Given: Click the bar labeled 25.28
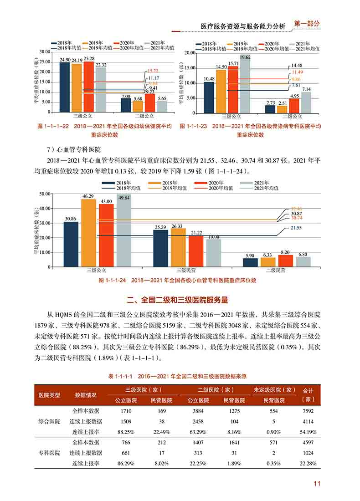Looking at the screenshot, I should click(89, 87).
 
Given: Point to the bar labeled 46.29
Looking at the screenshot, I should click(89, 233).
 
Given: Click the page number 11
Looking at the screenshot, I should click(317, 483).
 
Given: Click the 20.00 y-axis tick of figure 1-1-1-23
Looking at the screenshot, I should click(190, 53).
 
